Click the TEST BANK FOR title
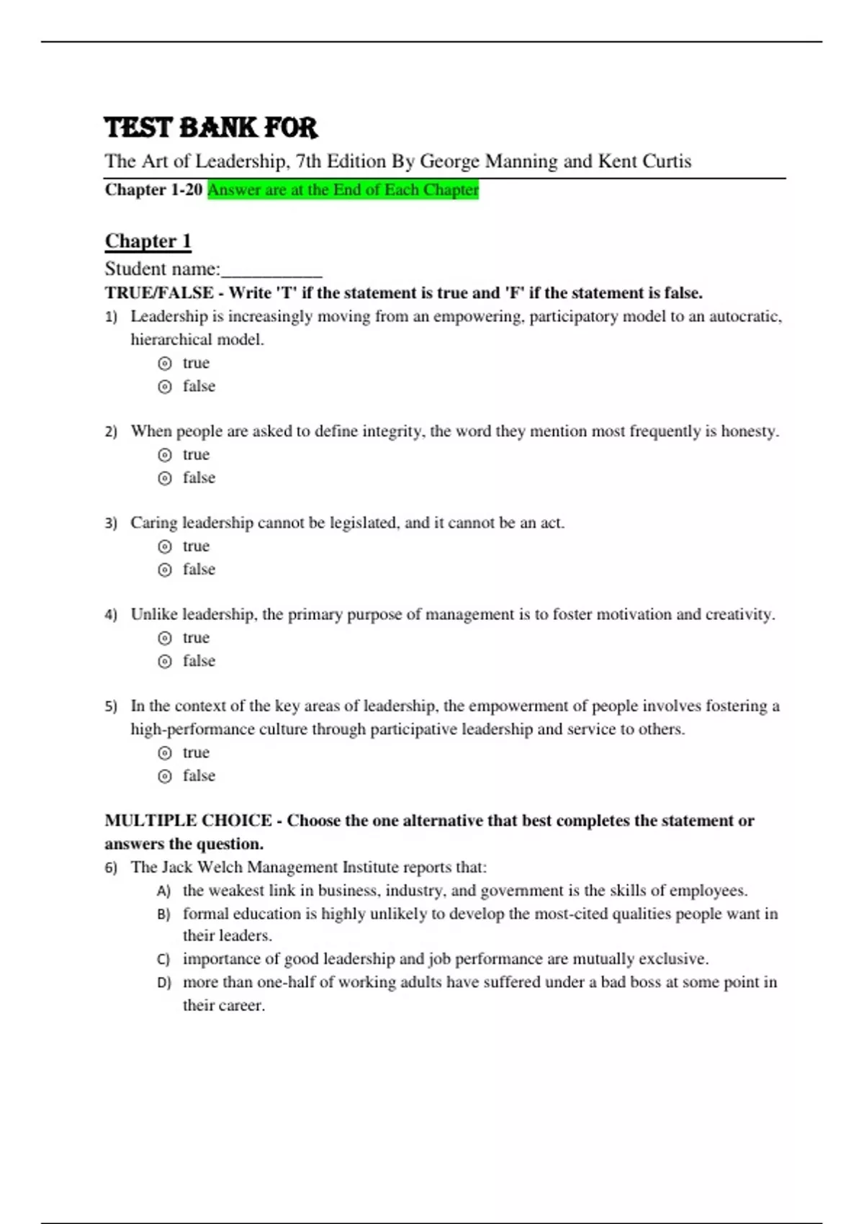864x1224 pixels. (210, 127)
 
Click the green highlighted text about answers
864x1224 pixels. (343, 190)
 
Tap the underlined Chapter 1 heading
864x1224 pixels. (148, 240)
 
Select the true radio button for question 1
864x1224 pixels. (165, 364)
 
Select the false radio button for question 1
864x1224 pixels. (165, 387)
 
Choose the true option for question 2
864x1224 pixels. (165, 455)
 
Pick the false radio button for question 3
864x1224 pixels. (165, 570)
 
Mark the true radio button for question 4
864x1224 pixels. (165, 638)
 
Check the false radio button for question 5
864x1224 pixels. (165, 776)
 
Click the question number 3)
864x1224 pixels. (111, 523)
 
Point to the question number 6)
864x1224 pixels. (111, 868)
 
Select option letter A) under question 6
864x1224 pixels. (163, 891)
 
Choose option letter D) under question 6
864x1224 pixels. (163, 983)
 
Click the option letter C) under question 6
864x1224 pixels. (163, 960)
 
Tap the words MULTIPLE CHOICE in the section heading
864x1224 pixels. (188, 821)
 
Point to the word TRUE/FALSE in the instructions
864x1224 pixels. (158, 293)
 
